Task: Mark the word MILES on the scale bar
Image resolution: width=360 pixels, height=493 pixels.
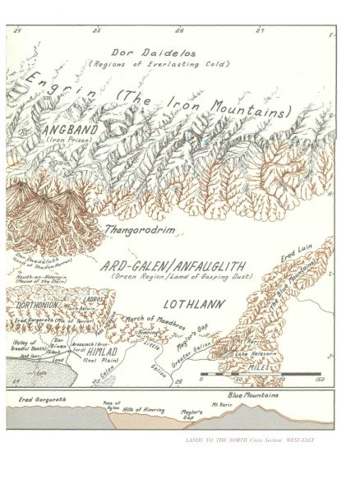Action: [270, 369]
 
